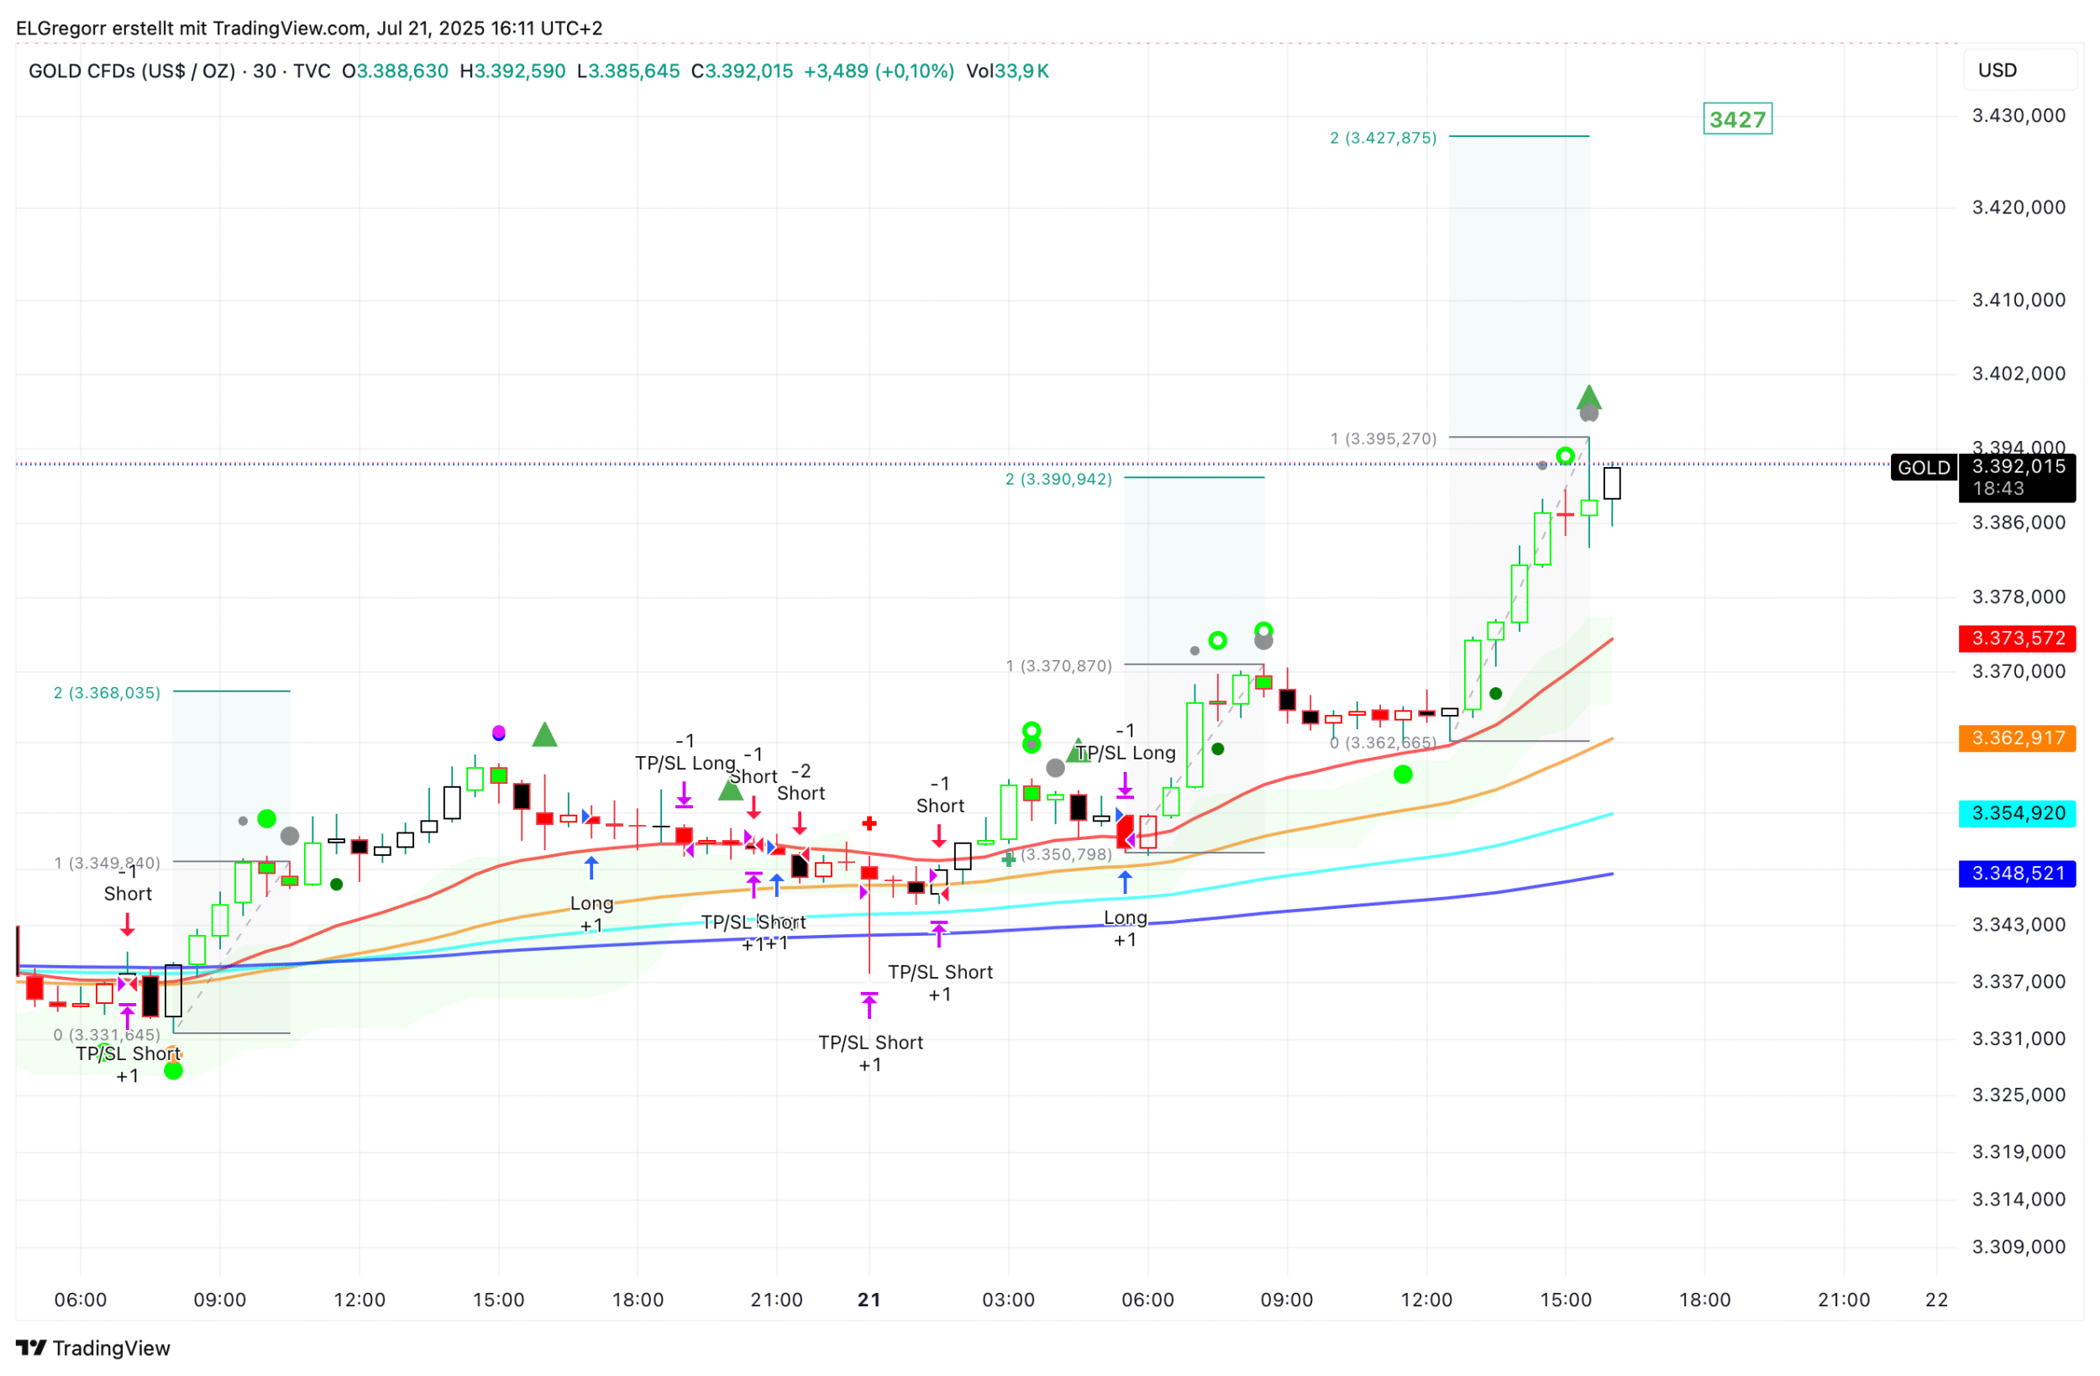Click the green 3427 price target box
coord(1736,119)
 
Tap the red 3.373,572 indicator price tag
coord(2017,638)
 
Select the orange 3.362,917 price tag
coord(2017,738)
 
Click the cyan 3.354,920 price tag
coord(2017,813)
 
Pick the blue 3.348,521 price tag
coord(2017,874)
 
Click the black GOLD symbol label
coord(1924,468)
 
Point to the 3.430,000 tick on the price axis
coord(2019,116)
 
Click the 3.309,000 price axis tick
coord(2019,1247)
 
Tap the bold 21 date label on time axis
coord(869,1300)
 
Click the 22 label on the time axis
coord(1937,1300)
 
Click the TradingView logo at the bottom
coord(93,1347)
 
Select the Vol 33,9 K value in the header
coord(1008,71)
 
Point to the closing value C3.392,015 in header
coord(742,71)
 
